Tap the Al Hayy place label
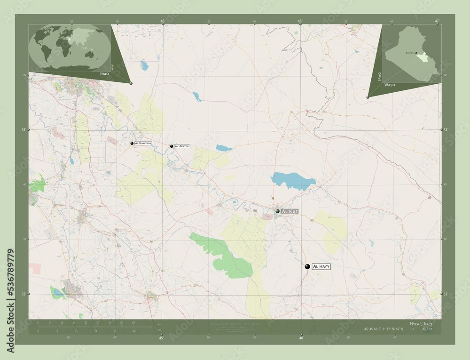(321, 266)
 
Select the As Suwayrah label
(143, 143)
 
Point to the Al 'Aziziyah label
(182, 147)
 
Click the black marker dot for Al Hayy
(307, 266)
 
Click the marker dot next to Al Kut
(278, 211)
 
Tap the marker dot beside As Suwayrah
(132, 143)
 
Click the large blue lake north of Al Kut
(292, 181)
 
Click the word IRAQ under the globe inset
(104, 74)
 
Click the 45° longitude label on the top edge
(162, 21)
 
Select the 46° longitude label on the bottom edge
(301, 337)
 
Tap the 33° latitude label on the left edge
(24, 129)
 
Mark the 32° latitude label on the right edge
(445, 294)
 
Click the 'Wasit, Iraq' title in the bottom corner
(422, 324)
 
